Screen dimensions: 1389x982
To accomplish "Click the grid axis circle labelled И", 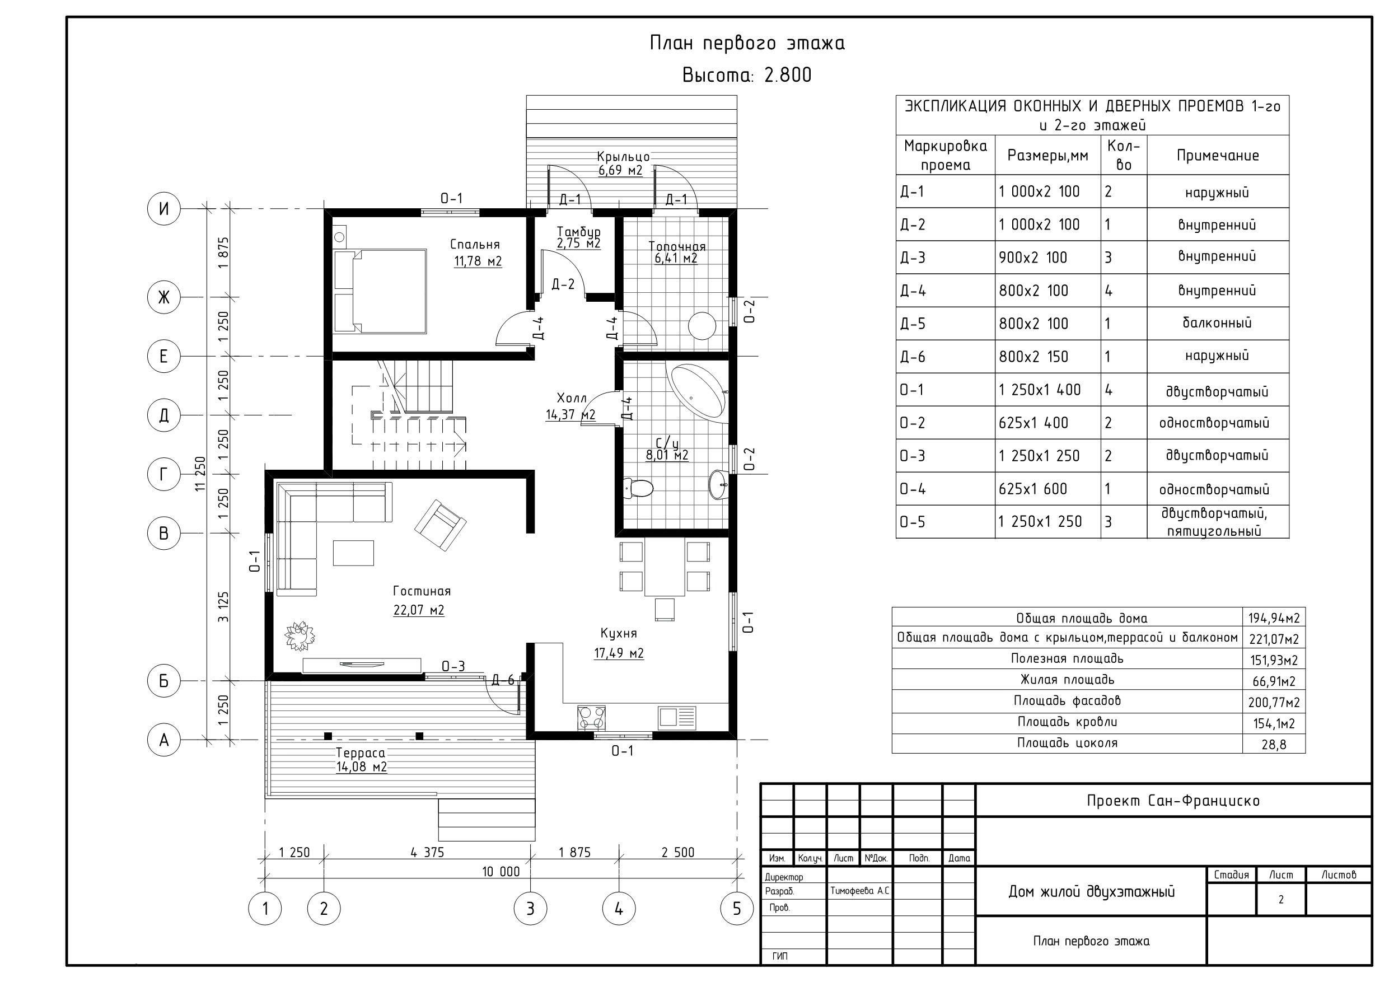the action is click(164, 209).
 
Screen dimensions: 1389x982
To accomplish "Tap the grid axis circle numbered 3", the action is click(531, 908).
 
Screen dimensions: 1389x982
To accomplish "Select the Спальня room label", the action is click(475, 245).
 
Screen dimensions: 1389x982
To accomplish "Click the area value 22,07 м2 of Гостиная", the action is click(419, 610).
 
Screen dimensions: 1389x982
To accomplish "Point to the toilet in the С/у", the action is click(638, 488).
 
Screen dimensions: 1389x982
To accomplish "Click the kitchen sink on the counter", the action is click(677, 717).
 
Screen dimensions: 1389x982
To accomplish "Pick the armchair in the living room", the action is click(441, 525).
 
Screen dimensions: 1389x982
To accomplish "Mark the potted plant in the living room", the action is click(300, 636).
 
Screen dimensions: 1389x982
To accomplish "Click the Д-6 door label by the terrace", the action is click(503, 680).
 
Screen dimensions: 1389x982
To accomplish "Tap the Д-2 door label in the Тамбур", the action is click(563, 284).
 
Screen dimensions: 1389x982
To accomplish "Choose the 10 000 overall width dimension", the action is click(501, 872).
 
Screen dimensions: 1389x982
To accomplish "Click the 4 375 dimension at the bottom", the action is click(427, 853).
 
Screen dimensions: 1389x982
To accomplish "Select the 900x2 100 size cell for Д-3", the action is click(1033, 258).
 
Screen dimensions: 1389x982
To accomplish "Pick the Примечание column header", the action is click(1218, 156).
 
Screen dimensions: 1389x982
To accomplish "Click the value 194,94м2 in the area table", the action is click(1274, 618).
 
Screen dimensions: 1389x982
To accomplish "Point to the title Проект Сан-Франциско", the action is click(1173, 801).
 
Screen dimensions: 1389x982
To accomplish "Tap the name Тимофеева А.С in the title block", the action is click(859, 891).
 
